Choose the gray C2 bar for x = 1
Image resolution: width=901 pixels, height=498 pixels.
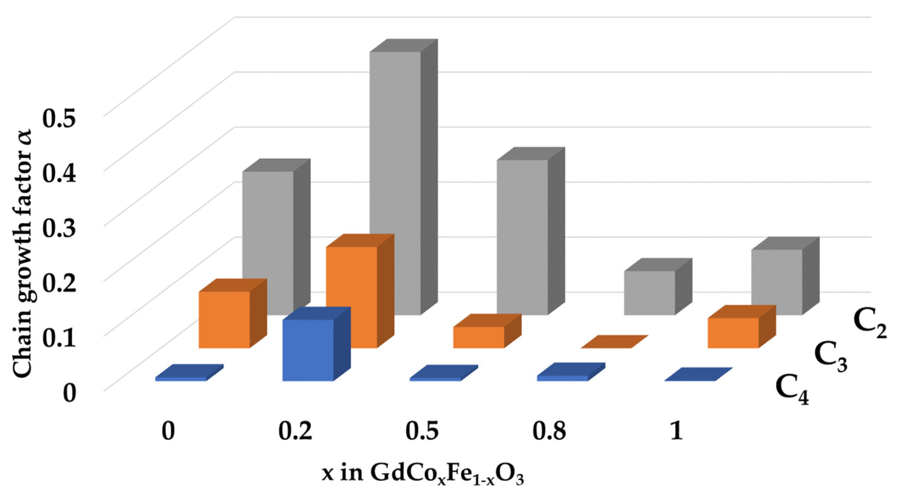tap(776, 282)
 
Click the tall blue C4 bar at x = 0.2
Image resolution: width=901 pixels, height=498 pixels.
tap(308, 350)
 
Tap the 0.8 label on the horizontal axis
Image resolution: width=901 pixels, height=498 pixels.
tap(549, 432)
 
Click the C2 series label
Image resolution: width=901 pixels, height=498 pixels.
tap(870, 325)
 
